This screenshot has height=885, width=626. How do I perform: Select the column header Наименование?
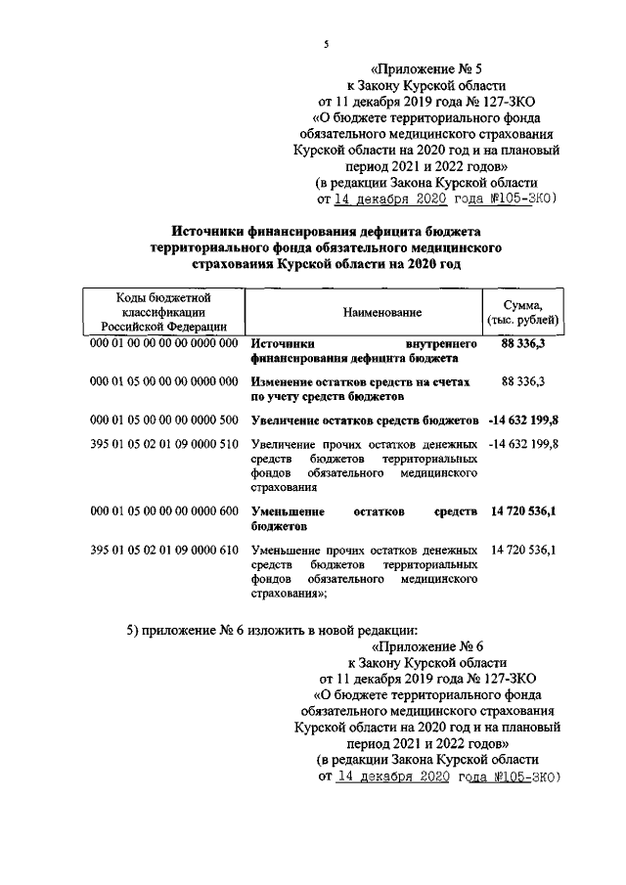382,312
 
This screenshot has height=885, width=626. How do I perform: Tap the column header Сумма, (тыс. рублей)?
523,312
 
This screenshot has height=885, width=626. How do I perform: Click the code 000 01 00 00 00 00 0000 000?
163,345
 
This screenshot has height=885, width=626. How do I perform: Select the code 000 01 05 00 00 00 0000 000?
163,382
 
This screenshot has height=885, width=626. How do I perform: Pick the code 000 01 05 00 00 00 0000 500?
163,420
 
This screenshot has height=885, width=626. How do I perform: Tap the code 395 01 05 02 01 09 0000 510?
163,444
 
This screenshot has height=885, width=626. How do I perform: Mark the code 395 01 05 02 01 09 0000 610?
163,550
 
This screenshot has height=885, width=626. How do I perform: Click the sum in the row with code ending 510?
522,444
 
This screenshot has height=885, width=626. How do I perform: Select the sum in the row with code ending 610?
522,550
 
